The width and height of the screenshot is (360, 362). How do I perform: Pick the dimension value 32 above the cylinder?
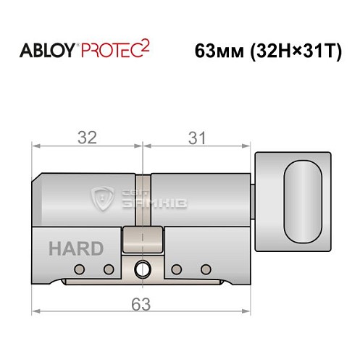88,135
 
